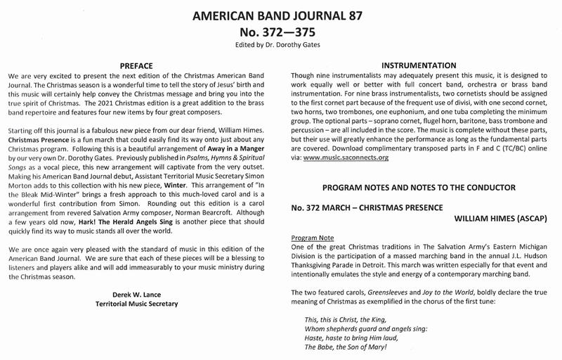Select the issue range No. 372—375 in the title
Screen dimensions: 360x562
[x=282, y=32]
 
